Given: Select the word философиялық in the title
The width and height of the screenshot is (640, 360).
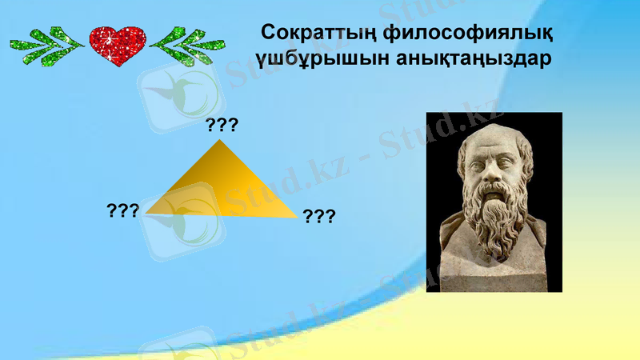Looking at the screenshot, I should [x=464, y=34].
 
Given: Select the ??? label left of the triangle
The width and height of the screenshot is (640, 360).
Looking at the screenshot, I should [x=123, y=210].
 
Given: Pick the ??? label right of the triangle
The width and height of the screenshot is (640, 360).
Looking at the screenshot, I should [x=318, y=215].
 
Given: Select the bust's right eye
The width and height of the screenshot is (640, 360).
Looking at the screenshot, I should [x=506, y=167].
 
